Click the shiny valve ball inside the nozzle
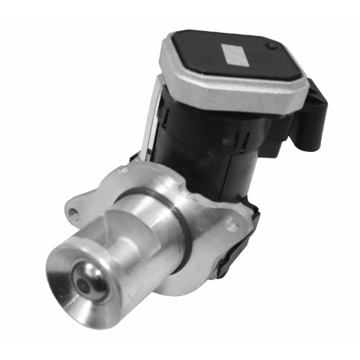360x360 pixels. (93, 282)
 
